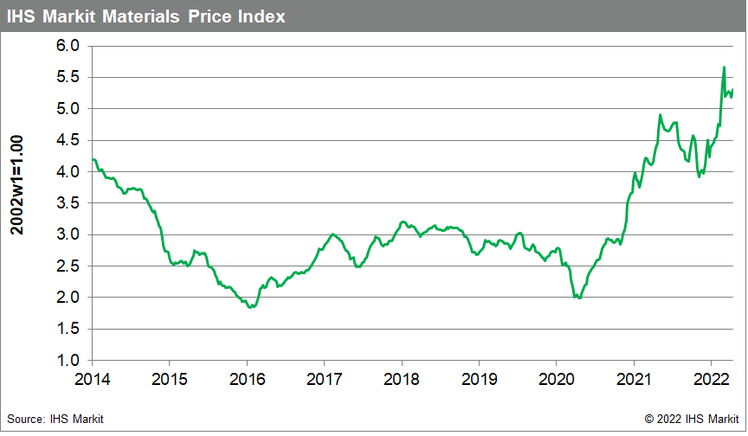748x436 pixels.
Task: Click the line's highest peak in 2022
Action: point(724,67)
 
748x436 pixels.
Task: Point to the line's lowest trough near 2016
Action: point(250,307)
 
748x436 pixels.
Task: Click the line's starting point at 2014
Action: point(92,159)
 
